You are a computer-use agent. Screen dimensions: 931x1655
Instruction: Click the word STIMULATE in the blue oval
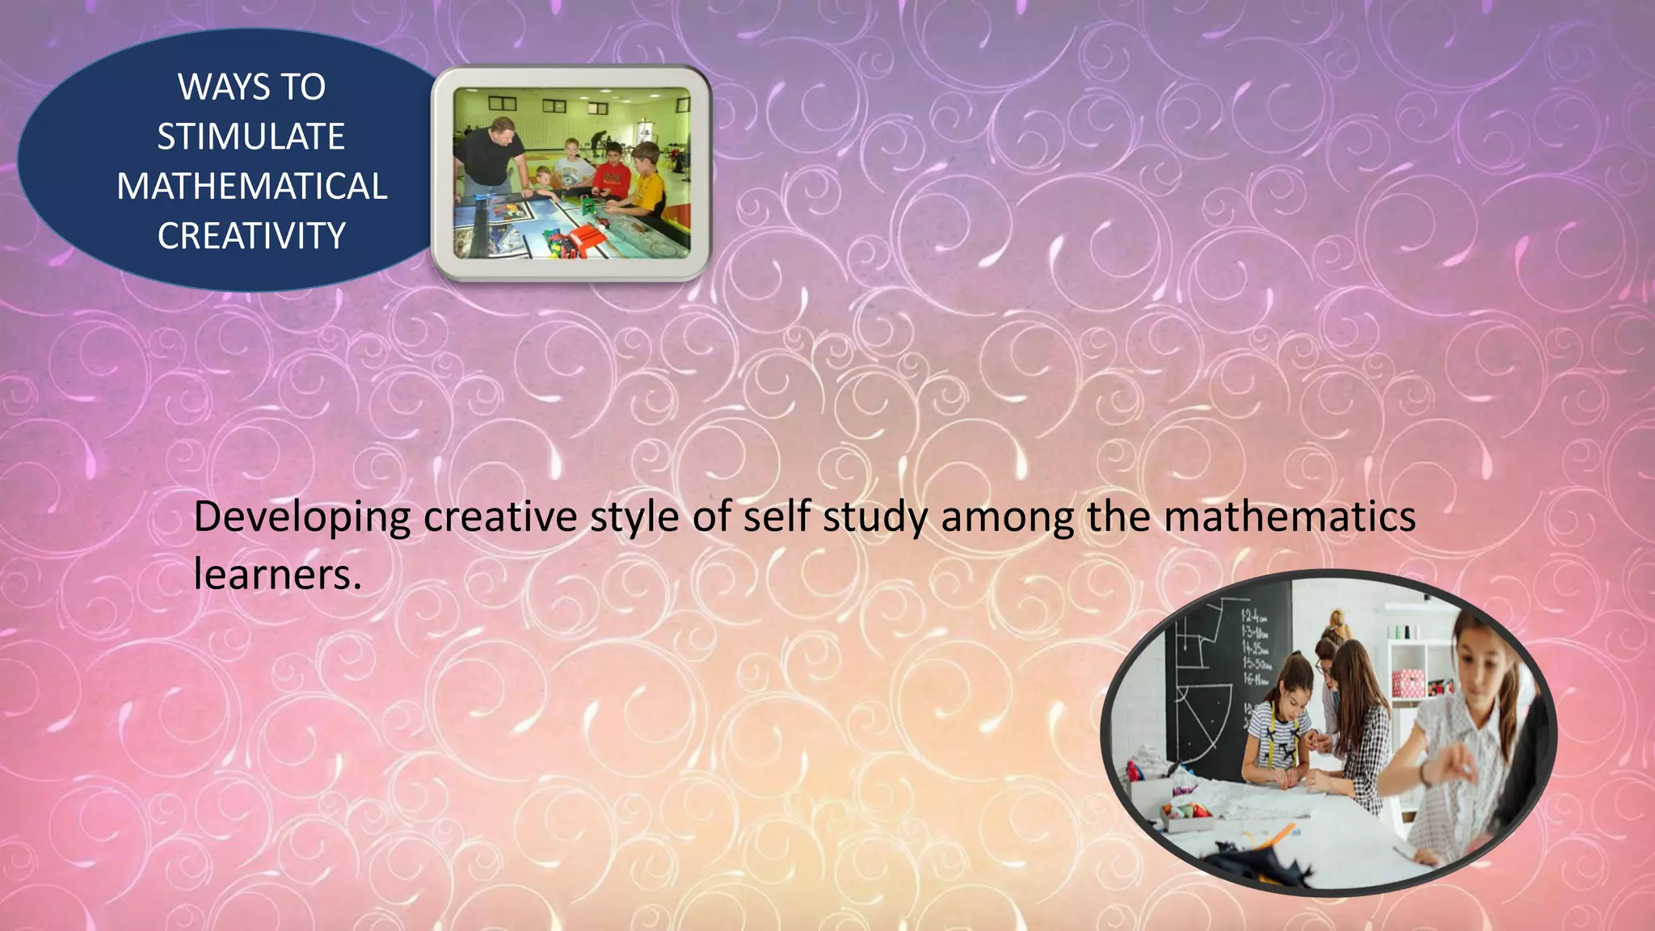(x=251, y=137)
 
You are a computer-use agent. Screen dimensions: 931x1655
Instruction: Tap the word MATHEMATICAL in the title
(x=252, y=187)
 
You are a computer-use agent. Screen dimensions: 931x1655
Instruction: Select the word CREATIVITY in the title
(x=251, y=236)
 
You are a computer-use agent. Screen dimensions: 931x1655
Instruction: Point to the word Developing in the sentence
(x=302, y=518)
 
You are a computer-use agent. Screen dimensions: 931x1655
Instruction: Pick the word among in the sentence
(x=1008, y=518)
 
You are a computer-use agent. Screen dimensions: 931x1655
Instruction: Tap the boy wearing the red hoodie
(x=612, y=171)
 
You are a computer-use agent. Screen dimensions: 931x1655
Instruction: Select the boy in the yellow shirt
(x=646, y=183)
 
